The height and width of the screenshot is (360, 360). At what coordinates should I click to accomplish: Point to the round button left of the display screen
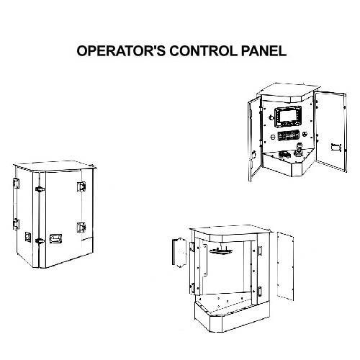point(267,115)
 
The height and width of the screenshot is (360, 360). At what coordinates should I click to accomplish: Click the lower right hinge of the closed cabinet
point(81,228)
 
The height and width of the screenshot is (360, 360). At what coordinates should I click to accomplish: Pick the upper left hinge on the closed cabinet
point(15,184)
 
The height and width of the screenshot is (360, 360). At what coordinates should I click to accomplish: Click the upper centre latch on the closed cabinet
point(37,189)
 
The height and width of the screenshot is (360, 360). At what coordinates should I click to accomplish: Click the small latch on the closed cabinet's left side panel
point(27,235)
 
